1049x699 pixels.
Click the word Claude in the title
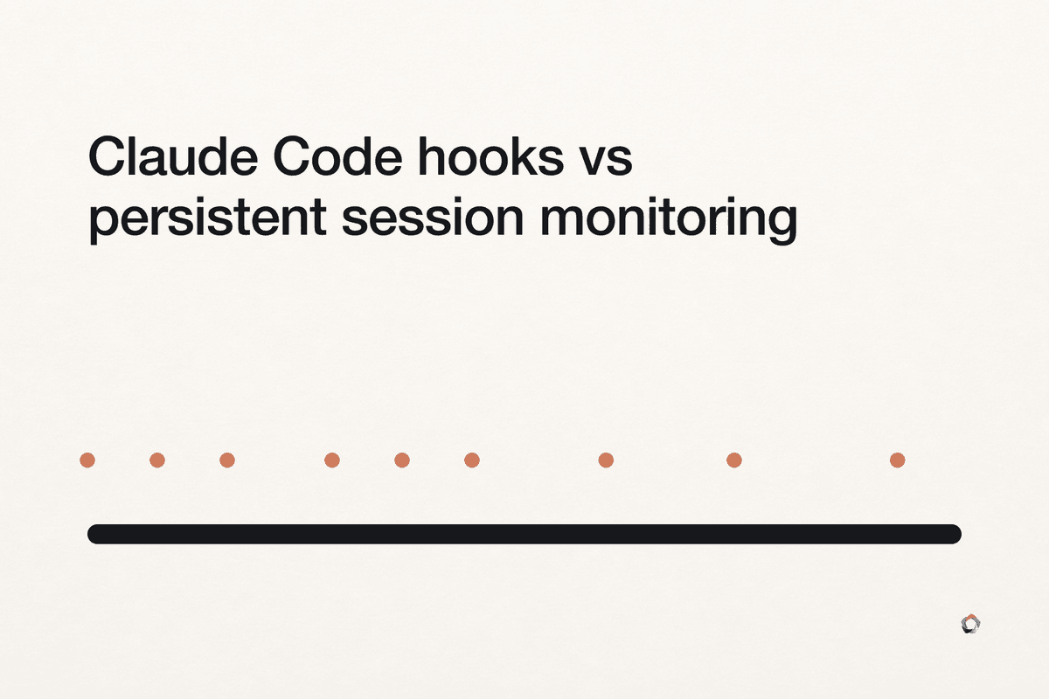(173, 156)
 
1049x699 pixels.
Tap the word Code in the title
(337, 156)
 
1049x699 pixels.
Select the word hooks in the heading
(490, 156)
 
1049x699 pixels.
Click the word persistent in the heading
(207, 218)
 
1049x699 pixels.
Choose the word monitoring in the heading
(668, 218)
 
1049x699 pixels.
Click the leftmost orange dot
(87, 460)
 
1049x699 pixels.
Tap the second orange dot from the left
(157, 460)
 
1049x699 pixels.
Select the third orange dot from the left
(227, 460)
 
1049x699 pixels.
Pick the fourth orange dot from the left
(332, 460)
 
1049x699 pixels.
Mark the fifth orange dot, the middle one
(402, 460)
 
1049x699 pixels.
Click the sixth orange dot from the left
(472, 460)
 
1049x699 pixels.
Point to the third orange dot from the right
(606, 460)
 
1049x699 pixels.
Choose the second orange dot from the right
(733, 460)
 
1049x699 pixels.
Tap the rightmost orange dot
(897, 460)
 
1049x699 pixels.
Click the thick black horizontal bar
(524, 534)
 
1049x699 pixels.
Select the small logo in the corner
(971, 624)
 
